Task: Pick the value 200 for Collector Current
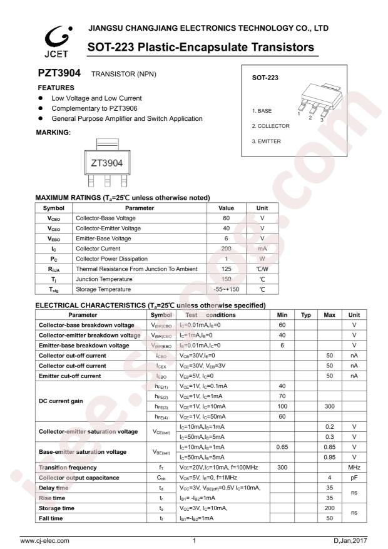tap(227, 249)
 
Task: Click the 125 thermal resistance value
tap(227, 269)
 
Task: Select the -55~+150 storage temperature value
tap(227, 289)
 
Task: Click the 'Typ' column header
tap(306, 315)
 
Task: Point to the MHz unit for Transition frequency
tap(354, 467)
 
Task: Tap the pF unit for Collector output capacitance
tap(354, 478)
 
